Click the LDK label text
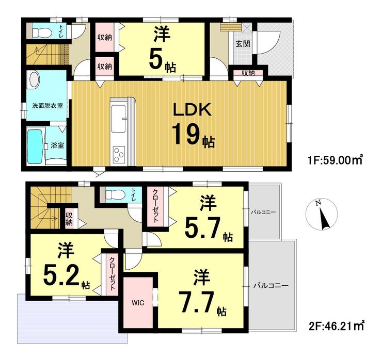[x=192, y=110]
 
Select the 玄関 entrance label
[x=243, y=44]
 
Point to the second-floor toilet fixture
[x=116, y=194]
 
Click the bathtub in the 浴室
[x=35, y=146]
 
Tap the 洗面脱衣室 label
[x=47, y=106]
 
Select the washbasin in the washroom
[x=34, y=79]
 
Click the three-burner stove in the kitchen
[x=119, y=155]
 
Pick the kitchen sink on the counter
[x=118, y=118]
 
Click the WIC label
[x=138, y=303]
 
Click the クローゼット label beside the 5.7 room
[x=155, y=206]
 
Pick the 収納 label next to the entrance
[x=248, y=73]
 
